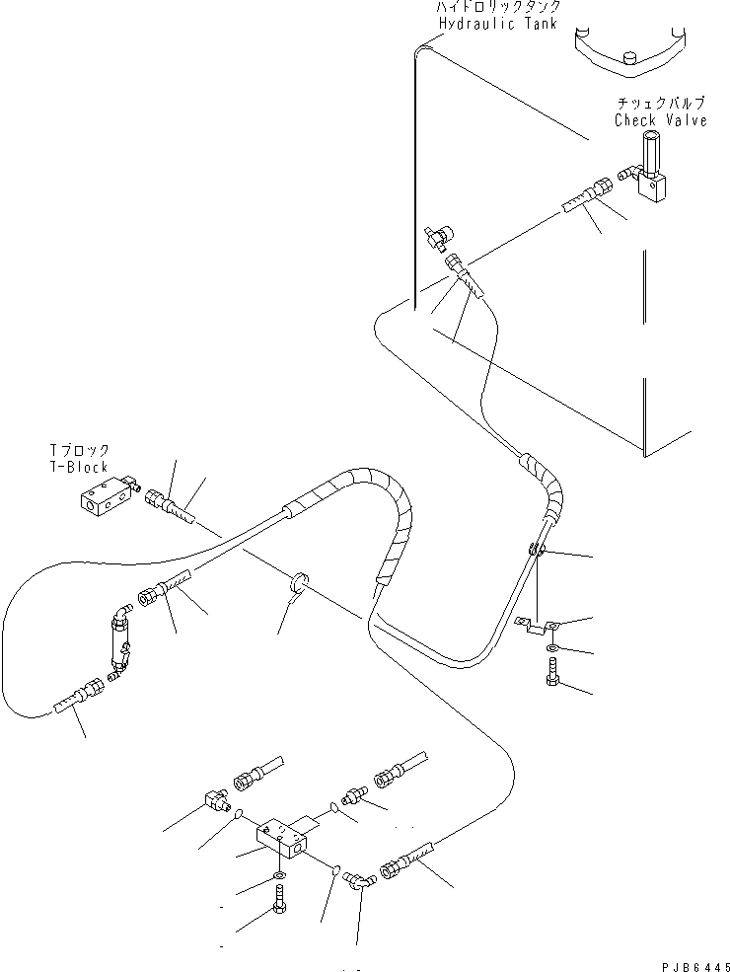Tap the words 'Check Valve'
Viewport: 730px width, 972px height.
[660, 120]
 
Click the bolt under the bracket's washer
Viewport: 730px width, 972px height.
[550, 674]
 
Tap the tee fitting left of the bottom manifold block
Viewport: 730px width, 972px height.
[219, 797]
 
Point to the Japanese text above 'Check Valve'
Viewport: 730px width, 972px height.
[660, 103]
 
